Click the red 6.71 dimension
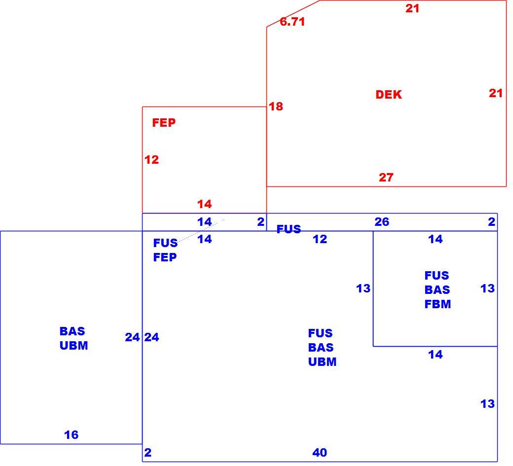coord(292,22)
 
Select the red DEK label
coord(389,95)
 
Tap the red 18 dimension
coord(276,107)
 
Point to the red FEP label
coord(164,123)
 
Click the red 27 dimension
coord(386,177)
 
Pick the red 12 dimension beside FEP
coord(151,160)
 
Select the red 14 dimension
coord(205,204)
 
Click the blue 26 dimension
coord(382,222)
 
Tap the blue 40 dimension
coord(320,452)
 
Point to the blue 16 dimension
coord(72,434)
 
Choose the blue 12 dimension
coord(320,239)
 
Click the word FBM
coord(438,304)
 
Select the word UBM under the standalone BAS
coord(73,346)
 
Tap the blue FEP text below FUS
coord(165,257)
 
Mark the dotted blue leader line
coord(202,231)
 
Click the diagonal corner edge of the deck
coord(293,13)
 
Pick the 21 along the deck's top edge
coord(412,8)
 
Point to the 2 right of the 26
coord(491,222)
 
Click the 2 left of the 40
coord(148,452)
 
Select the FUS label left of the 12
coord(289,229)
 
